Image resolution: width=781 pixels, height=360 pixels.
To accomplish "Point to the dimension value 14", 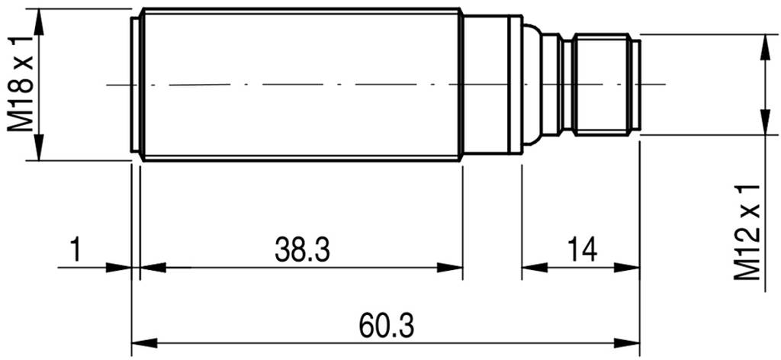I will [x=580, y=249].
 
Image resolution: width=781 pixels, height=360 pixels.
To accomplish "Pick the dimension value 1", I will [x=75, y=249].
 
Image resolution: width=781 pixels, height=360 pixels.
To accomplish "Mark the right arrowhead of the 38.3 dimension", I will [x=452, y=267].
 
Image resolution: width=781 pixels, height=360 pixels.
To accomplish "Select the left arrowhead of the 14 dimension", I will [x=533, y=267].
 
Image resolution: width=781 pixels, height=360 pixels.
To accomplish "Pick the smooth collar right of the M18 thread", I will [x=492, y=84].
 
